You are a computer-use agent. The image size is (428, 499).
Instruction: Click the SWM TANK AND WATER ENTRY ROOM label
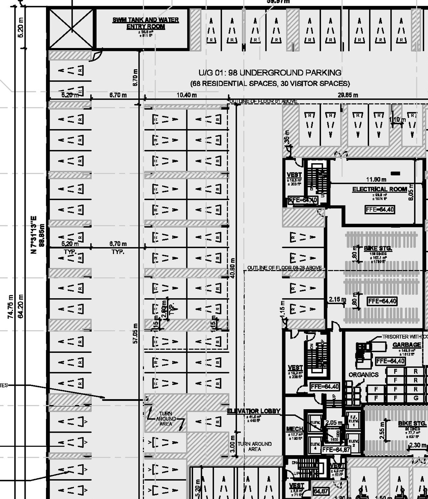[145, 23]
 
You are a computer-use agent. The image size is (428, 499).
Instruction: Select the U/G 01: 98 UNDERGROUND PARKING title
[270, 73]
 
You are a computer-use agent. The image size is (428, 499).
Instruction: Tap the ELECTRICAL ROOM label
[379, 189]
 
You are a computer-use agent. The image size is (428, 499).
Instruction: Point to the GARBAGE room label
[406, 345]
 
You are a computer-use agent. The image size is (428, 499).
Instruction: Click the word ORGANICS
[363, 375]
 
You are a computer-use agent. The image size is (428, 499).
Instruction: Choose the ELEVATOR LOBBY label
[254, 411]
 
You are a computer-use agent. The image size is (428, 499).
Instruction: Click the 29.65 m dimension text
[347, 95]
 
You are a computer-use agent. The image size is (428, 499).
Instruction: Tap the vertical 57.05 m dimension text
[135, 333]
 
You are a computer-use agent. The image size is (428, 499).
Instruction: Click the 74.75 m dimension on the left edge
[11, 307]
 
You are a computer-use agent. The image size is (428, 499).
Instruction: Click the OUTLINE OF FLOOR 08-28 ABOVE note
[285, 268]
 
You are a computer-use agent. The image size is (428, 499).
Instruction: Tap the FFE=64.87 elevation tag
[335, 449]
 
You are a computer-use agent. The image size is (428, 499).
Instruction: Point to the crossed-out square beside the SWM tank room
[71, 29]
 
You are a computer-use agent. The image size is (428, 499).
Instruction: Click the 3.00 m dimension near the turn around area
[232, 444]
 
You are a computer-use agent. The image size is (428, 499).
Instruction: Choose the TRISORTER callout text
[404, 337]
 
